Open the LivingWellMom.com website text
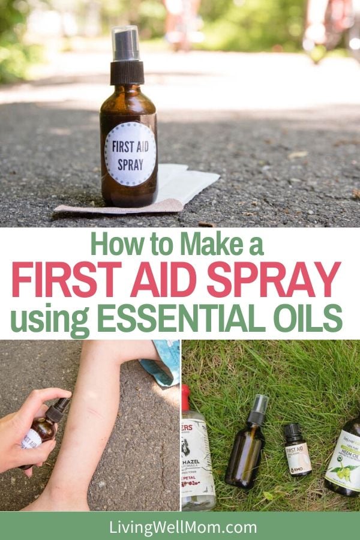click(180, 527)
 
